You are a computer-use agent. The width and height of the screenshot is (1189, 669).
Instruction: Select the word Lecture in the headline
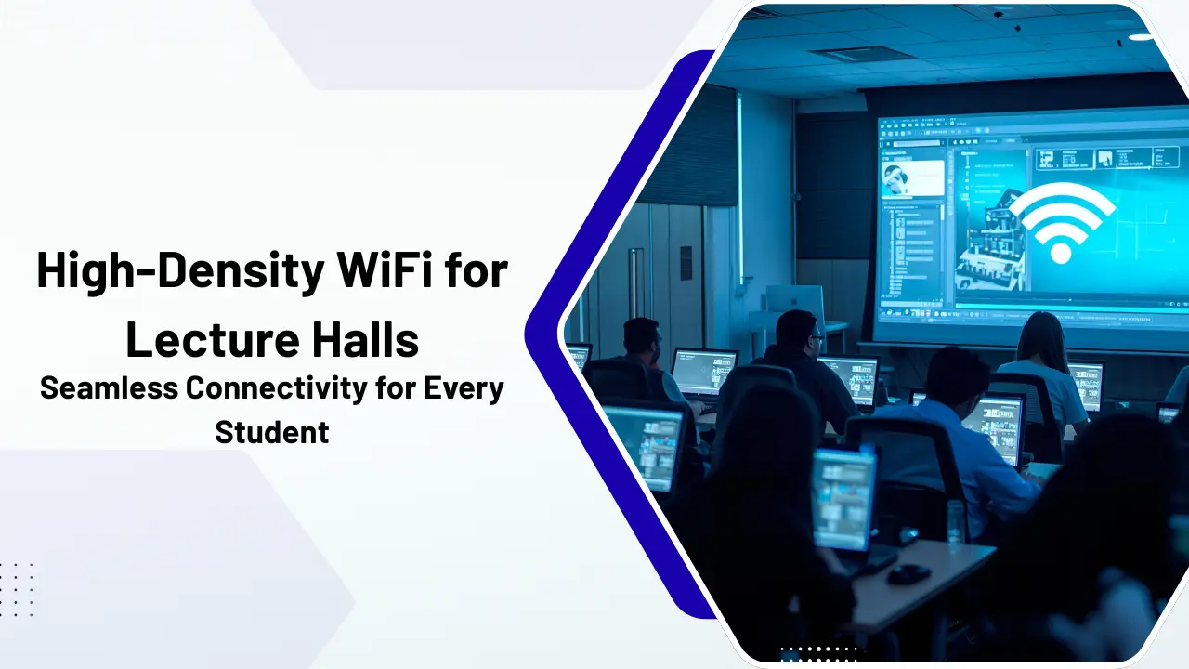[214, 339]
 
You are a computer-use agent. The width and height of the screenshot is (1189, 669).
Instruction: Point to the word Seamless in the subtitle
[109, 387]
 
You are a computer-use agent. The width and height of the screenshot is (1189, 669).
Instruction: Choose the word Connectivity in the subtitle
[277, 388]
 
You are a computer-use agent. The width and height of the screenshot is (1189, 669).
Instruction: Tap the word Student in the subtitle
[272, 432]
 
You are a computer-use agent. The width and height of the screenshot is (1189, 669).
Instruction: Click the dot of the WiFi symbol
[1061, 254]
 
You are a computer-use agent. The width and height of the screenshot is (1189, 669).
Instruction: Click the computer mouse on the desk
[908, 574]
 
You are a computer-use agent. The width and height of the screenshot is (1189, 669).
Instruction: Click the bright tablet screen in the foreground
[843, 500]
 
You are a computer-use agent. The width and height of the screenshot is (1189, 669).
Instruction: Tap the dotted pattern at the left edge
[16, 589]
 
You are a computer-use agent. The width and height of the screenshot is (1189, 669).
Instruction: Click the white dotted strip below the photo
[820, 655]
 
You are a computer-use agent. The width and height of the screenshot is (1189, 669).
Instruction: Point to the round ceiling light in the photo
[1140, 37]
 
